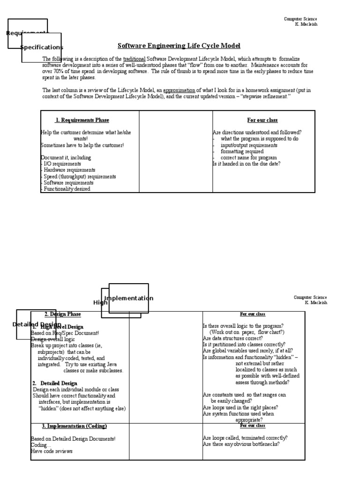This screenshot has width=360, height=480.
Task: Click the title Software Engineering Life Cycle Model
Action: coord(178,46)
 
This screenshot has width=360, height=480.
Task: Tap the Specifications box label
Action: coord(42,47)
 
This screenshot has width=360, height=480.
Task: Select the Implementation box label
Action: coord(128,299)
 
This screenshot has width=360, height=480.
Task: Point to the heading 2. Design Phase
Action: coord(62,314)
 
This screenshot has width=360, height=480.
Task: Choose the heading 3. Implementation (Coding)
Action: coord(75,426)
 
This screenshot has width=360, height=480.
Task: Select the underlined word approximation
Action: coord(179,90)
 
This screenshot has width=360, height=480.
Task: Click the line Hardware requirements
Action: coord(69,170)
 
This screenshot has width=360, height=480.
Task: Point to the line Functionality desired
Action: coord(67,189)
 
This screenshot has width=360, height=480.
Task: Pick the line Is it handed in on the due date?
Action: coord(247,164)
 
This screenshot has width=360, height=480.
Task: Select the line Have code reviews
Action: coord(52,451)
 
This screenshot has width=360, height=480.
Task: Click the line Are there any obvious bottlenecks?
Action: coord(241,444)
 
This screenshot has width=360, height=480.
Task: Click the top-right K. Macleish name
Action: coord(306,24)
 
